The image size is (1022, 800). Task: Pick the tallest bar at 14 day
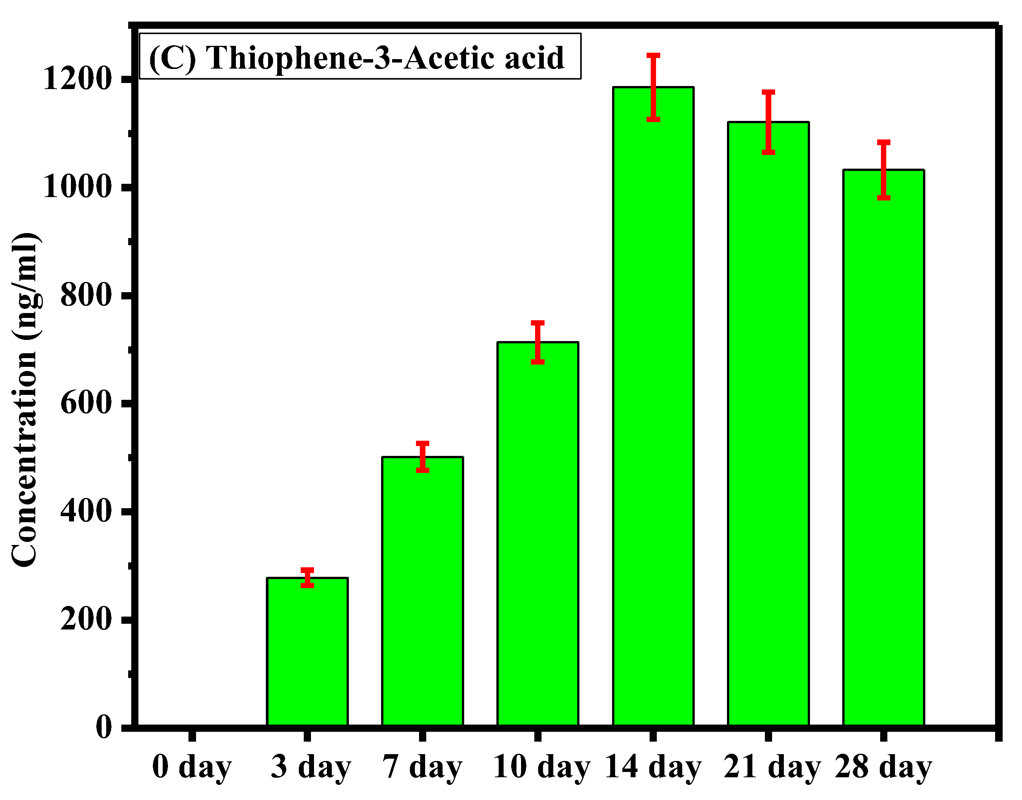(x=653, y=407)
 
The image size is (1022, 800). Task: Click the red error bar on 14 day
(x=653, y=88)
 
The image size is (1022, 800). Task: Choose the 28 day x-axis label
(x=883, y=768)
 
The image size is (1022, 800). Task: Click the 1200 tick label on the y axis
(x=76, y=79)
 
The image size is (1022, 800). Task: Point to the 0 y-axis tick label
(x=104, y=727)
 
